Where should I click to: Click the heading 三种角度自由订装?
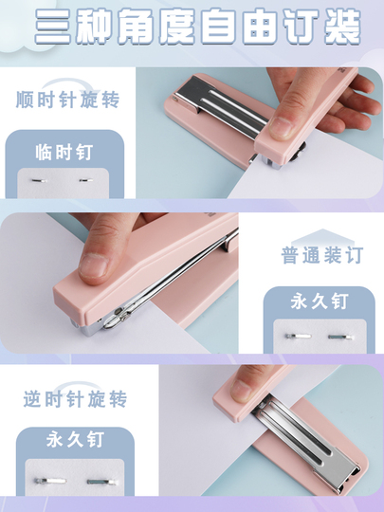point(197,27)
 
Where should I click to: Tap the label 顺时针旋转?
point(68,100)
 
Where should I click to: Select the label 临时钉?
point(64,152)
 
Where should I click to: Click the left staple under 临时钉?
point(40,180)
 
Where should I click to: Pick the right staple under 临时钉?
point(86,179)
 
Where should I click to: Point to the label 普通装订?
point(322,255)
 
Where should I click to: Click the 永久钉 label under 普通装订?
point(320,302)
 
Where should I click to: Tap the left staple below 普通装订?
point(298,336)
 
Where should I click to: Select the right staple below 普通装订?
point(340,337)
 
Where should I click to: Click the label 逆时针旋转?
point(75,398)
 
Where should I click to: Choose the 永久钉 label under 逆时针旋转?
point(75,440)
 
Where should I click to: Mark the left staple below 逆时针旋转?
point(50,481)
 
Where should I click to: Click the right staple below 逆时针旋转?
point(101,482)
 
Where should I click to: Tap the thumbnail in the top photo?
point(280,127)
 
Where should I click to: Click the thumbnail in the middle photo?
point(93,265)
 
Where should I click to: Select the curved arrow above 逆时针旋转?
point(76,385)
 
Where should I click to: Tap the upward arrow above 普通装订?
point(322,237)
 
